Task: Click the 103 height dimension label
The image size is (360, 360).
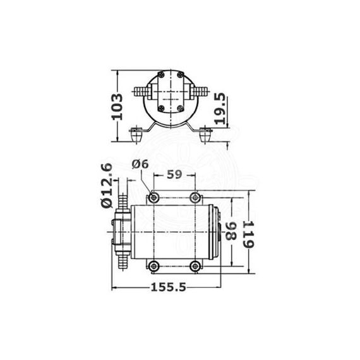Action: pos(117,106)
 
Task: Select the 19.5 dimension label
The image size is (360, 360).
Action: pos(220,109)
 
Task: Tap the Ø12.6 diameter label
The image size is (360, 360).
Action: pos(107,186)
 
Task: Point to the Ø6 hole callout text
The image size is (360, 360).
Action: pos(140,164)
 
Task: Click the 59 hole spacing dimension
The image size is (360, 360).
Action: pos(174,174)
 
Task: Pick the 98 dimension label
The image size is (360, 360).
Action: pos(231,231)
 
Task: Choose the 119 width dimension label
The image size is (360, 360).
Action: pos(248,234)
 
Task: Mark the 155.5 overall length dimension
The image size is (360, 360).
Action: pos(168,287)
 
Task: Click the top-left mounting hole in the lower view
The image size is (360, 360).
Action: pos(154,197)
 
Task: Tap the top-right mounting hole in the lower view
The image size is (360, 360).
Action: pos(195,197)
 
